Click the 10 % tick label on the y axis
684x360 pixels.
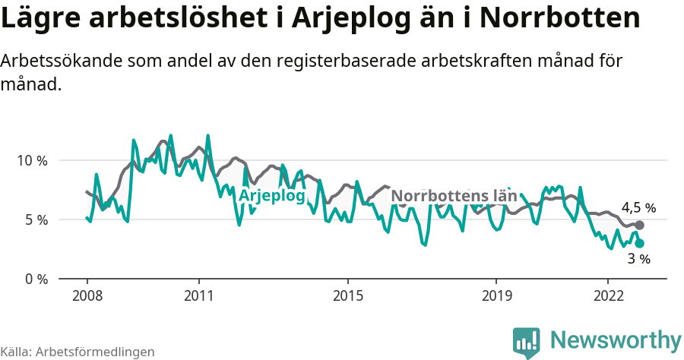coord(31,161)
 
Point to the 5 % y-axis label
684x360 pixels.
coord(35,220)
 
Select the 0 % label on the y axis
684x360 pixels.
coord(35,279)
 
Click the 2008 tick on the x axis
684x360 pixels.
coord(87,295)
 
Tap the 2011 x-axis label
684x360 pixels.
coord(198,295)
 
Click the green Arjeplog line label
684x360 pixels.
coord(271,196)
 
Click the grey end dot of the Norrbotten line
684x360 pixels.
coord(639,226)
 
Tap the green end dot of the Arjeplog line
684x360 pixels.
coord(639,243)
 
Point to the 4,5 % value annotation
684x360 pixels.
coord(638,208)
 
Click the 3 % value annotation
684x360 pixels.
coord(638,260)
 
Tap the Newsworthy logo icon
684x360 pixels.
coord(527,342)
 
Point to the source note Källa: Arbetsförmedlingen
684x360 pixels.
coord(78,352)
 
